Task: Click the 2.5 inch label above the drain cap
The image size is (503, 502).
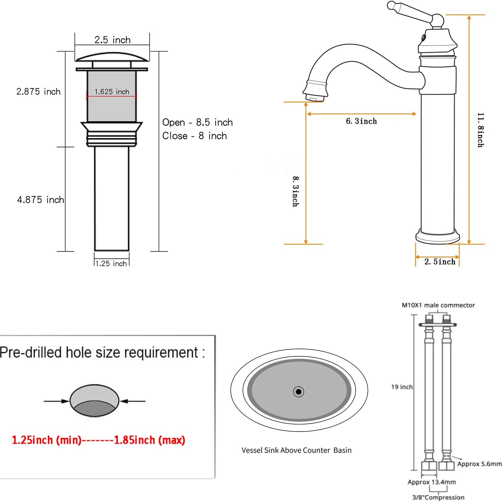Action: click(112, 40)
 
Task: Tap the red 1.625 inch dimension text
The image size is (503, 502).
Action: click(112, 92)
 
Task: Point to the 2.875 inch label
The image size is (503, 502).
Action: click(38, 92)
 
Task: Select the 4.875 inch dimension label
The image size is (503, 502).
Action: click(40, 200)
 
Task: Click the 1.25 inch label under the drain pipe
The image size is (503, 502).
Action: click(111, 263)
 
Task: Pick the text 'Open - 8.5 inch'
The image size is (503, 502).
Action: click(197, 122)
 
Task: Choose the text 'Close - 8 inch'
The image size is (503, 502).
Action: click(195, 136)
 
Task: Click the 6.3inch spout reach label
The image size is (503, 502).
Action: click(361, 121)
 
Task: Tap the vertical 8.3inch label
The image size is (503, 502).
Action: click(296, 191)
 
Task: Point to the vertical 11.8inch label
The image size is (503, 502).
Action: click(480, 130)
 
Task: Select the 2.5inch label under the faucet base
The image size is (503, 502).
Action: click(439, 262)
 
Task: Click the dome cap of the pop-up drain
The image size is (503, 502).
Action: click(112, 57)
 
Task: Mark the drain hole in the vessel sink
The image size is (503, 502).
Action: click(299, 392)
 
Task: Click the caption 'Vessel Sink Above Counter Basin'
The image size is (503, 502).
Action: click(296, 450)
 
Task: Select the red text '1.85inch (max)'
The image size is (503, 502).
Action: click(149, 440)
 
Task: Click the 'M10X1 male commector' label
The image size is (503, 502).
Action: click(438, 305)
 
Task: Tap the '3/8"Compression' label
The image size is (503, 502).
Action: click(438, 497)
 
